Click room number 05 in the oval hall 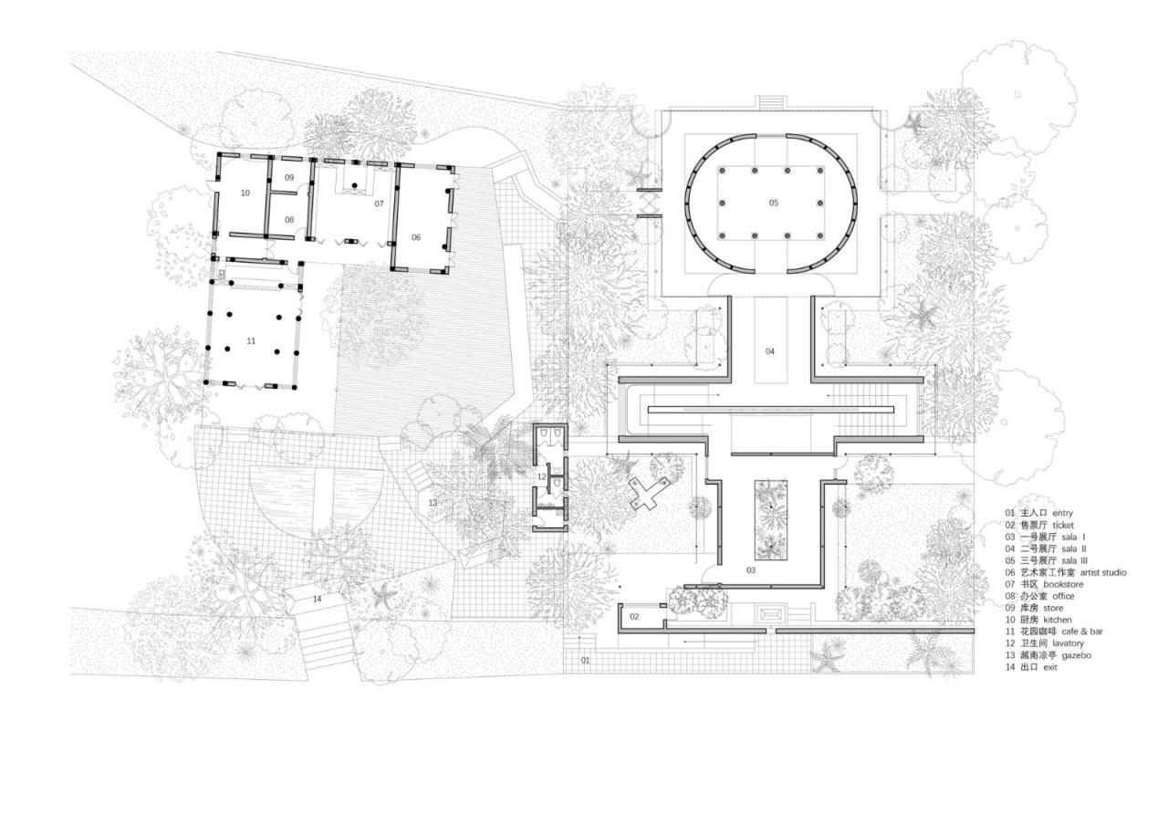tap(774, 203)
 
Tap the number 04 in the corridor tap(769, 351)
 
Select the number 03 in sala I tap(751, 570)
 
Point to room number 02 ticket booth tap(635, 618)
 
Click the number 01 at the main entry tap(585, 660)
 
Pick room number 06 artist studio tap(416, 237)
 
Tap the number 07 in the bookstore tap(379, 204)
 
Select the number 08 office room tap(289, 220)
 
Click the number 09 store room tap(289, 177)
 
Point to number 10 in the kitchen tap(245, 193)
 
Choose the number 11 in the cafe tap(251, 340)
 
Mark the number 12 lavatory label tap(541, 476)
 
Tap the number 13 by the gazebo tap(433, 503)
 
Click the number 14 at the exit tap(317, 599)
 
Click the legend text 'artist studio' tap(1103, 572)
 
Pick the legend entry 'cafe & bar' tap(1082, 632)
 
